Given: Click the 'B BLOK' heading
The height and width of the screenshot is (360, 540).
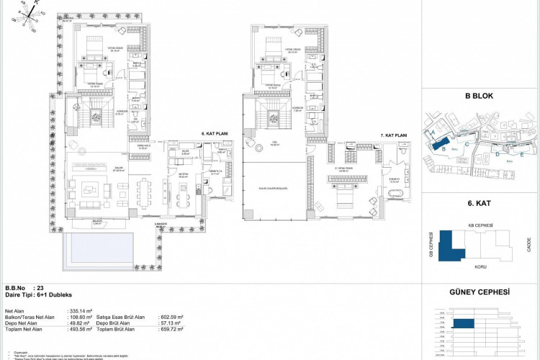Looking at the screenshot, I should [477, 95].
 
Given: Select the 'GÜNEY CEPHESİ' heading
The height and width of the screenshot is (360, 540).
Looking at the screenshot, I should [480, 292].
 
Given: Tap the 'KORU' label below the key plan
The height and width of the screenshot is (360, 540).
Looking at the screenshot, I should [480, 265].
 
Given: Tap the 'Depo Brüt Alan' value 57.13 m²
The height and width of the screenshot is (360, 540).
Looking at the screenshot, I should [172, 323].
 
